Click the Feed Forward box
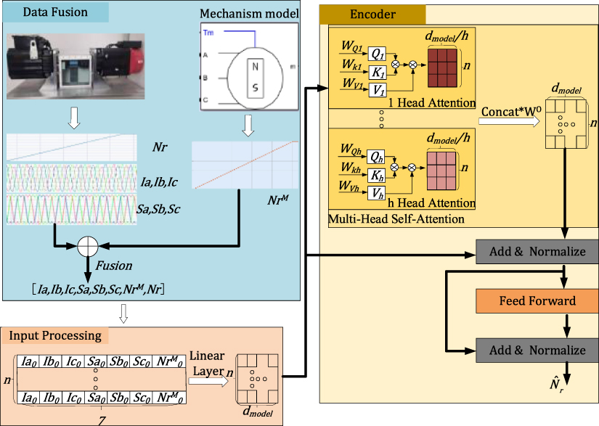(537, 300)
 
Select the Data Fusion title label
(55, 12)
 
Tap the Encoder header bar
(372, 15)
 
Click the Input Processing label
(56, 336)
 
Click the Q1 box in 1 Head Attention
(377, 54)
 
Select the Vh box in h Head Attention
(377, 192)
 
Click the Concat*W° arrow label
(509, 112)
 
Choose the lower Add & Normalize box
(537, 350)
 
